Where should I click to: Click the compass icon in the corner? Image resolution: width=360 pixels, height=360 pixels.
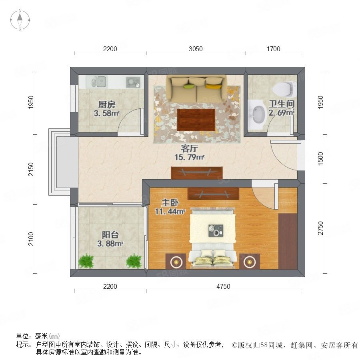[20, 20]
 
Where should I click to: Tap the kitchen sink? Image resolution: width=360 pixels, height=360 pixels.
[99, 82]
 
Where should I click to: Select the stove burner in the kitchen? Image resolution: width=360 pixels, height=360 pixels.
[133, 82]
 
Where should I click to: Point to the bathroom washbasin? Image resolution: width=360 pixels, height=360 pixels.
[257, 115]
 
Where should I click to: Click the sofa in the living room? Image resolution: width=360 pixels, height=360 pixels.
[197, 89]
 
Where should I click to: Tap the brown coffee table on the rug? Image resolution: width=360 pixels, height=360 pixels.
[196, 120]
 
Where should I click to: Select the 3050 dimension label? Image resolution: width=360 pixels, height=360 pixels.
[196, 49]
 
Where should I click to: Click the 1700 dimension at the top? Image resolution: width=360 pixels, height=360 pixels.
[273, 49]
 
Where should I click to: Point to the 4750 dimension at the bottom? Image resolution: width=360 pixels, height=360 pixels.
[223, 286]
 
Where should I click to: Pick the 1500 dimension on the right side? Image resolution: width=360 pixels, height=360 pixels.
[320, 159]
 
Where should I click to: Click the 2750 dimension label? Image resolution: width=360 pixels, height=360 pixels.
[320, 228]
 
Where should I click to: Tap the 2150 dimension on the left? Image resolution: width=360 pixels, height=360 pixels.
[31, 170]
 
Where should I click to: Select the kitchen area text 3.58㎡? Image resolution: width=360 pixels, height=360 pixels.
[107, 113]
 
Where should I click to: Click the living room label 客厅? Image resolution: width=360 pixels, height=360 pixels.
[189, 148]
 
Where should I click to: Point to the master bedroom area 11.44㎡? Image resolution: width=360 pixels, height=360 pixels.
[170, 212]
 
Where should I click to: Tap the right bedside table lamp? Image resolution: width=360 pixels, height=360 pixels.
[250, 262]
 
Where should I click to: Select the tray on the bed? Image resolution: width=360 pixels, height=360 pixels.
[216, 230]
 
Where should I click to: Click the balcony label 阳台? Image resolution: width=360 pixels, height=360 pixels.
[110, 235]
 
